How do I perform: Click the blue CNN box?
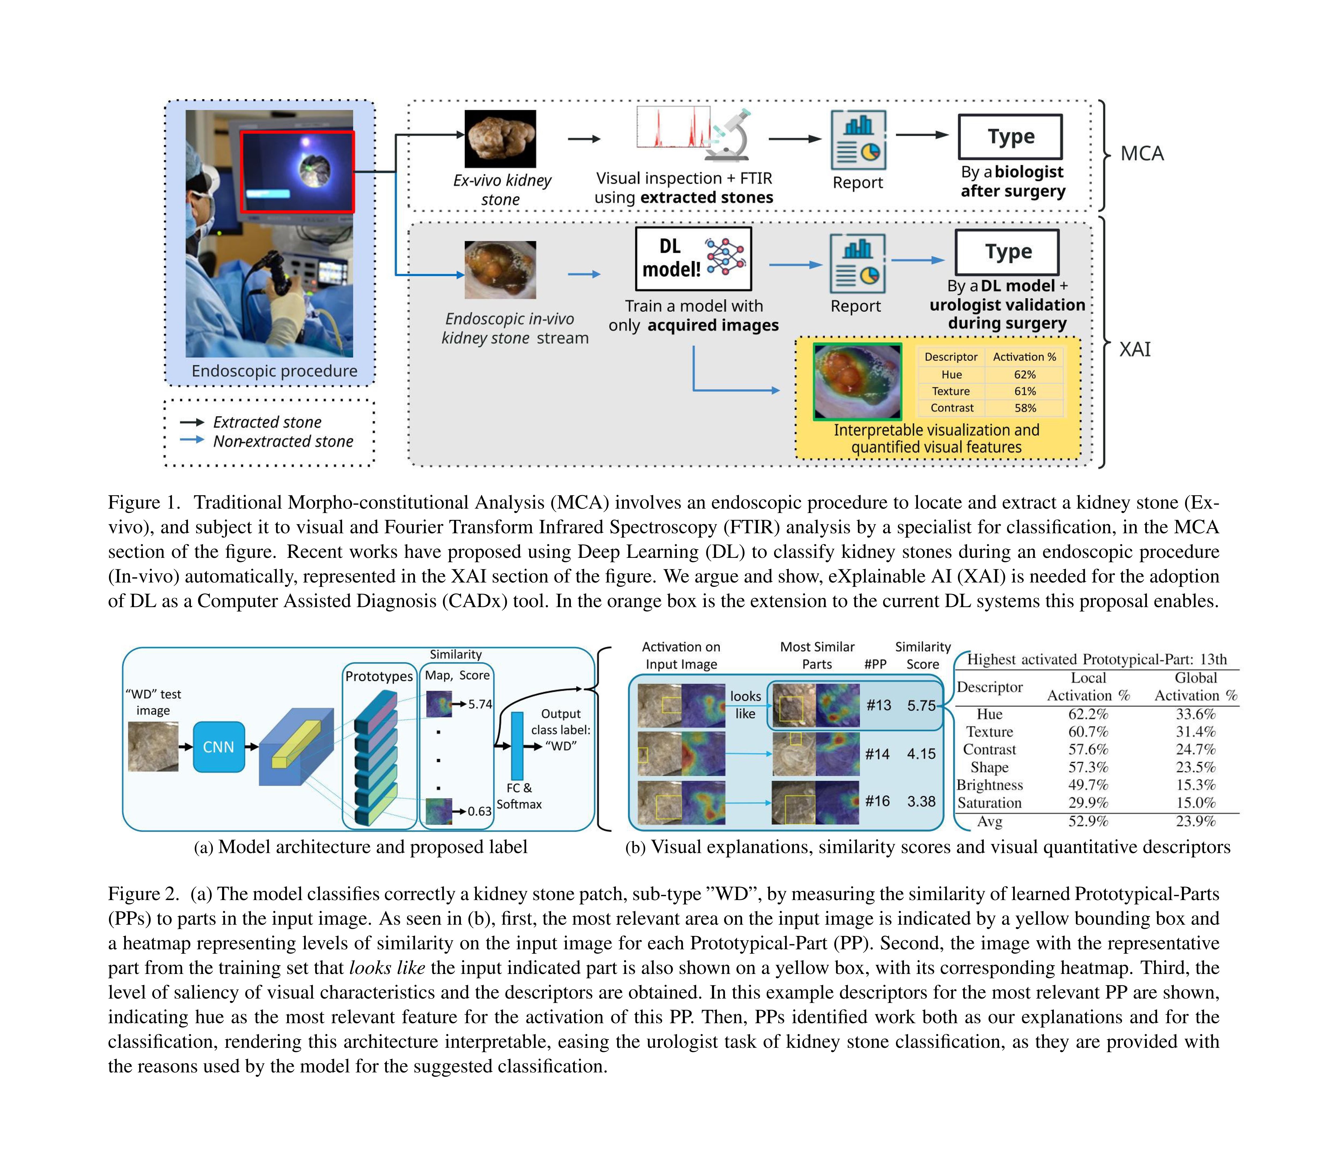point(219,747)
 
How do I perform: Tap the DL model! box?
point(693,259)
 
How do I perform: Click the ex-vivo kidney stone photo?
point(500,139)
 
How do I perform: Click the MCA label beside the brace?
point(1142,154)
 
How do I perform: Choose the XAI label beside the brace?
point(1134,350)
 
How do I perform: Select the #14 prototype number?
point(877,754)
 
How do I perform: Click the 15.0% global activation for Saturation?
point(1195,803)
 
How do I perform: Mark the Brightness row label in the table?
point(989,785)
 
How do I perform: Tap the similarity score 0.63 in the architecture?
point(479,811)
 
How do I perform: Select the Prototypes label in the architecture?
point(379,676)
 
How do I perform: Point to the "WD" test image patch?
point(153,747)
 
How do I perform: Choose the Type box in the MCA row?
point(1010,137)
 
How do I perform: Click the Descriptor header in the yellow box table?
point(951,357)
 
